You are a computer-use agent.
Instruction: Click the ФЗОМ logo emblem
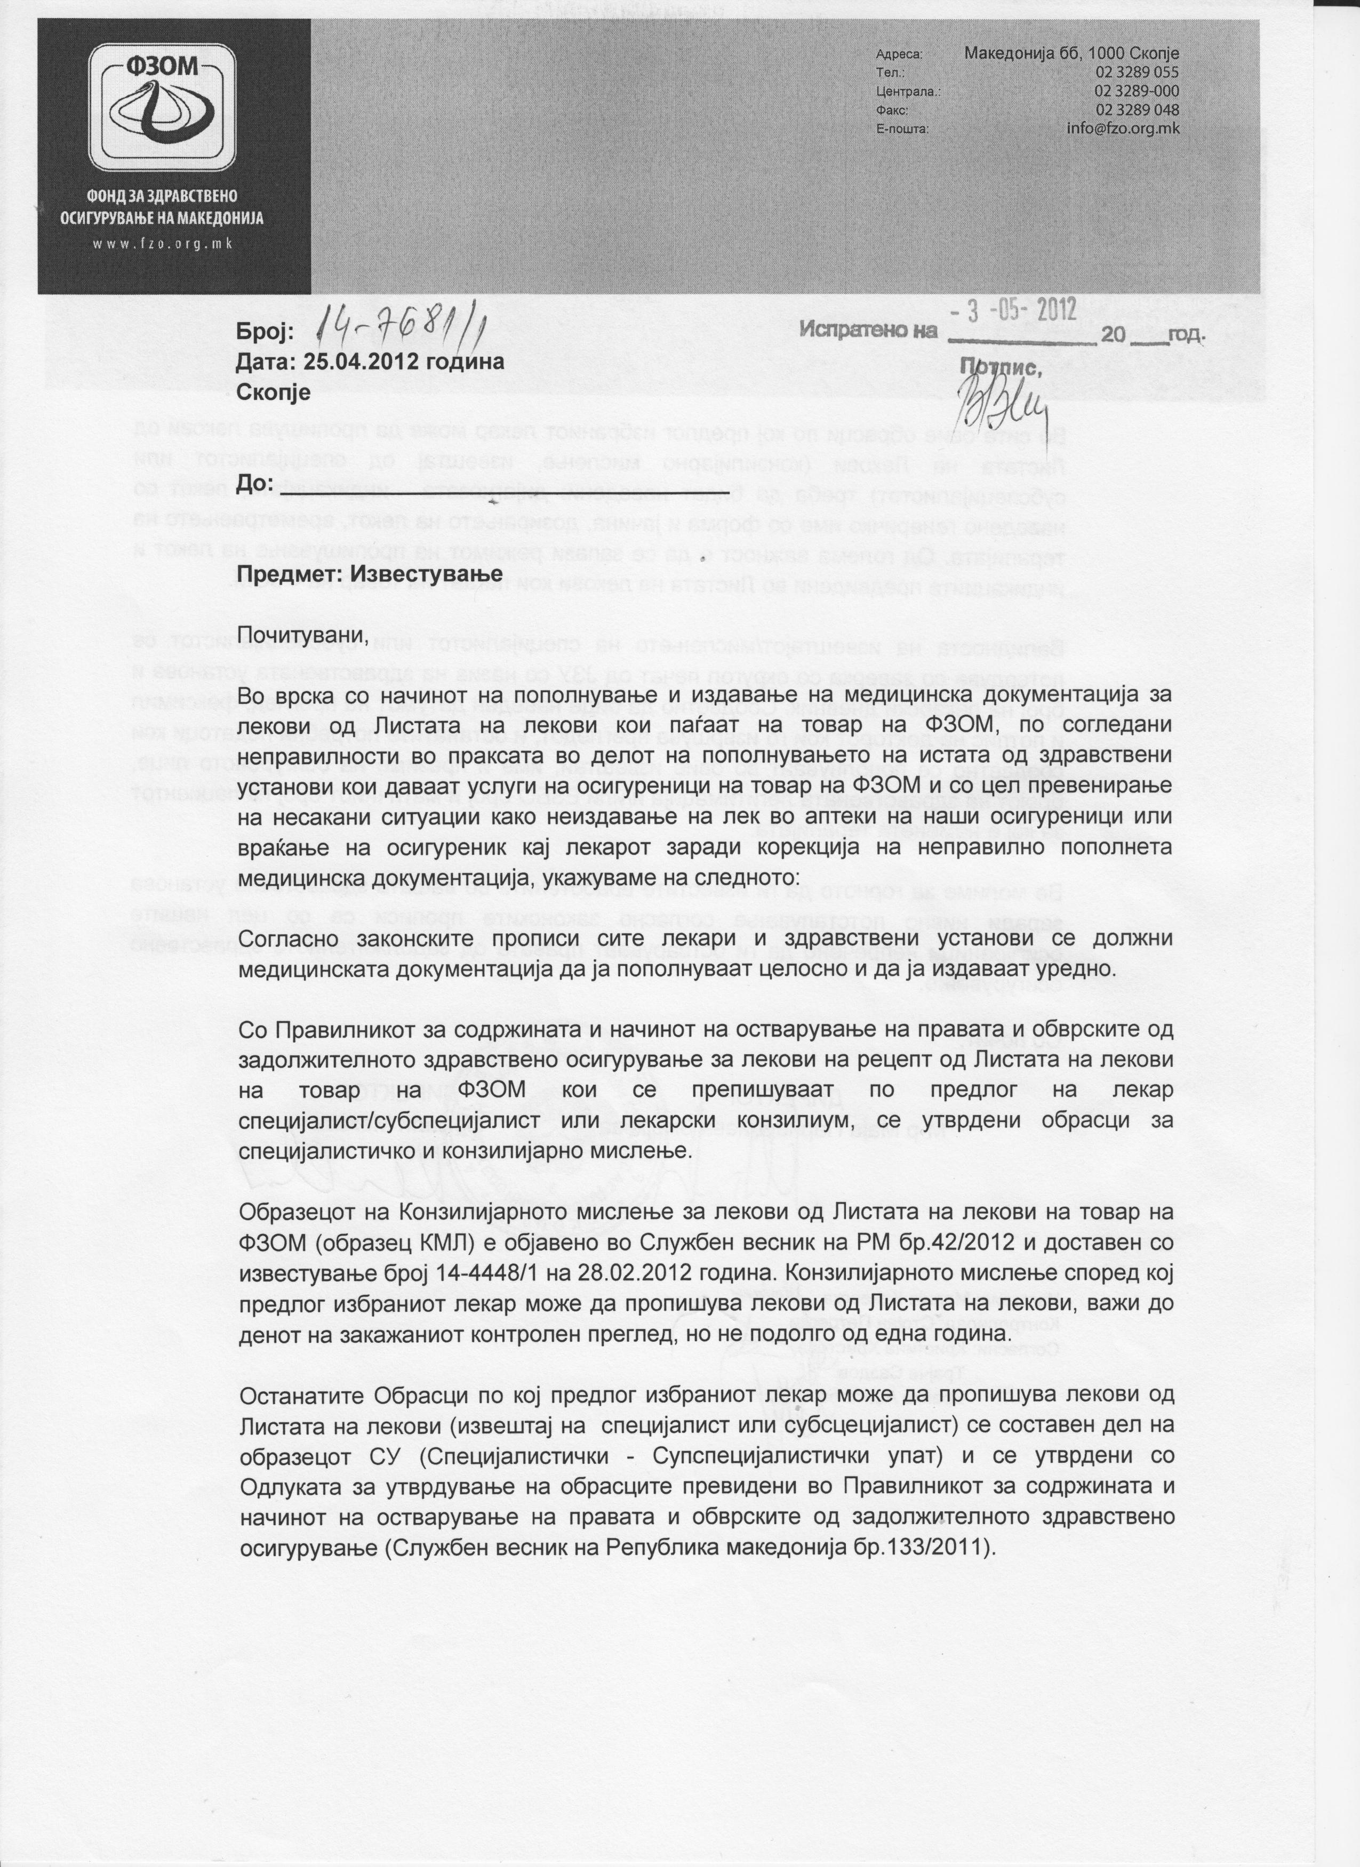tap(162, 109)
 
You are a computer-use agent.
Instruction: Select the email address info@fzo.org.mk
tap(1123, 129)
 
